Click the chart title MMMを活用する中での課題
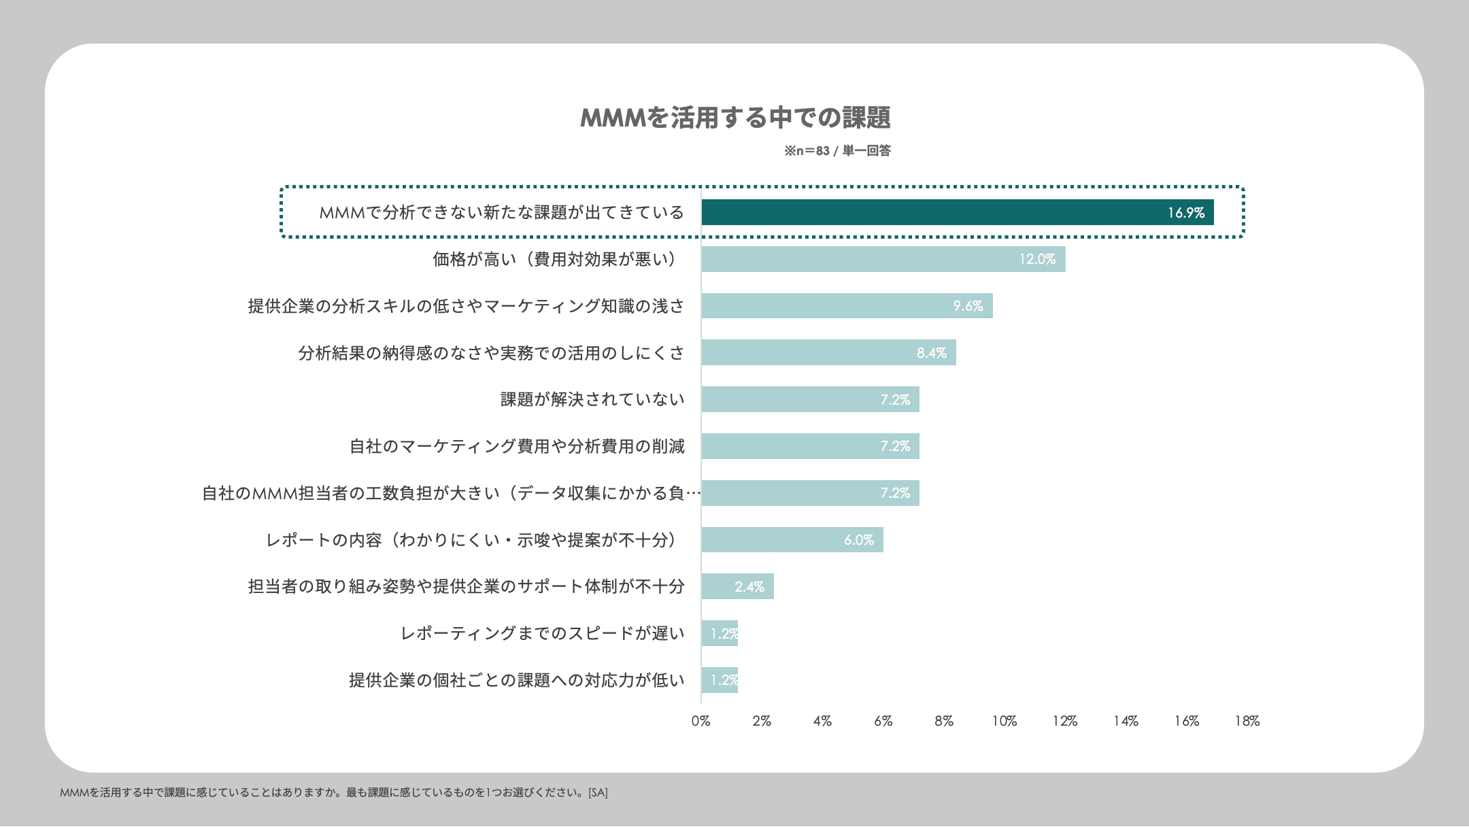pos(735,118)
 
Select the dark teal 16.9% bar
pos(957,212)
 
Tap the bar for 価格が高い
pos(883,259)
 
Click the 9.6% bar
pos(847,306)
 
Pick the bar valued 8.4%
pos(828,352)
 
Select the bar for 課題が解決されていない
pos(810,399)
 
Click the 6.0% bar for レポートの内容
pos(792,539)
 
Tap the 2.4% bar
pos(737,586)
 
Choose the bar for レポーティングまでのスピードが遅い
pos(720,633)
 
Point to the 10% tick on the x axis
pos(1004,721)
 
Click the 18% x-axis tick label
pos(1247,721)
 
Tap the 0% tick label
pos(700,721)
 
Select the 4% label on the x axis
pos(822,721)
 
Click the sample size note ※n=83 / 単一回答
pos(837,151)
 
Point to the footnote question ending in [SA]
pos(334,792)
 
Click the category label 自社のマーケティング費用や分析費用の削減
pos(517,446)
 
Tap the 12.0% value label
pos(1036,259)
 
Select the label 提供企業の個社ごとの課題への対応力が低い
pos(517,680)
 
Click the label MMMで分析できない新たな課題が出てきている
pos(501,212)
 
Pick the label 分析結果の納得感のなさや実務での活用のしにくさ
pos(491,352)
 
